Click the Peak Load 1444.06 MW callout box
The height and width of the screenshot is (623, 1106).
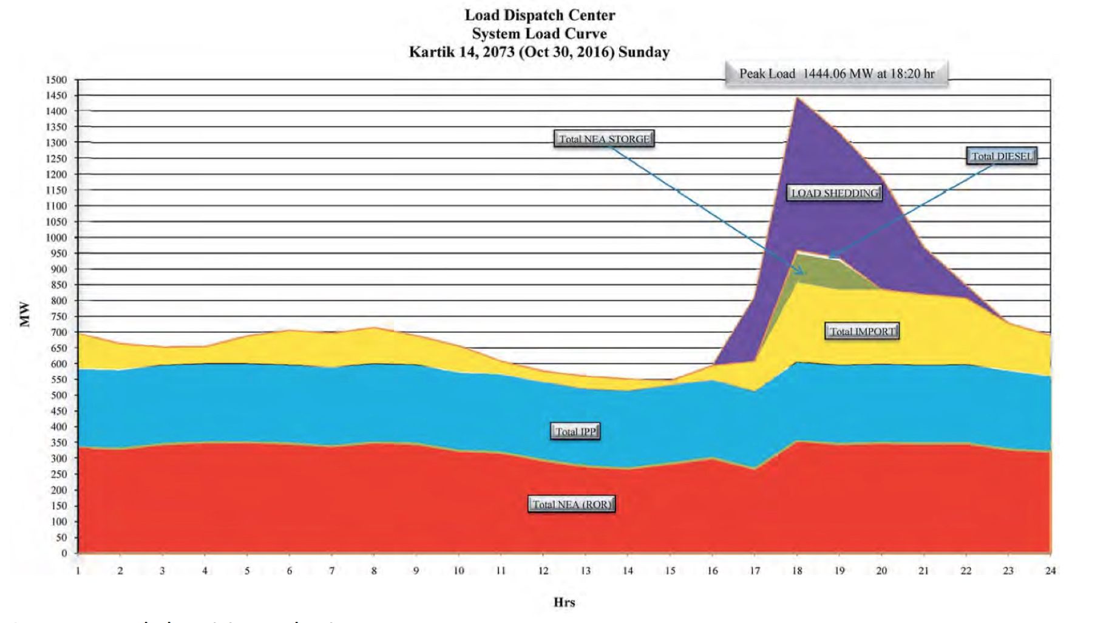(836, 74)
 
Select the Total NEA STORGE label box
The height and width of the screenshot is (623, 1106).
(604, 139)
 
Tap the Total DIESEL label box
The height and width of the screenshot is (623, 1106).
(1001, 157)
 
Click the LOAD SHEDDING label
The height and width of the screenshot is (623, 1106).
(835, 193)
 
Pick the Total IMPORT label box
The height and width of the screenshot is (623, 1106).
(862, 332)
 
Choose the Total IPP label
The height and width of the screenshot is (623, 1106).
(575, 432)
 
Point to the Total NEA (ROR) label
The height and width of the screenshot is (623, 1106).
(571, 505)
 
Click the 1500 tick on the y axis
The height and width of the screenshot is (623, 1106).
(56, 80)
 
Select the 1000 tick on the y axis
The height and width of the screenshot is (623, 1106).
(56, 238)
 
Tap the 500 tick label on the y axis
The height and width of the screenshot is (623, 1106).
(58, 395)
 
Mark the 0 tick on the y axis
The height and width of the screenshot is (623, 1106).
(64, 553)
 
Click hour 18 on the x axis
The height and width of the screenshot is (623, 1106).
(796, 571)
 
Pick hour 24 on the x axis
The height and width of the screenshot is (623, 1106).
(1050, 571)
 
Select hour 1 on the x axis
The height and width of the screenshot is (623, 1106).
(78, 571)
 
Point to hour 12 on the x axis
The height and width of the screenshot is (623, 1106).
(543, 571)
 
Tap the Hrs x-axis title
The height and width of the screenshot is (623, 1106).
(564, 602)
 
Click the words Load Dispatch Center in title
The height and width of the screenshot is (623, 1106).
(539, 15)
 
